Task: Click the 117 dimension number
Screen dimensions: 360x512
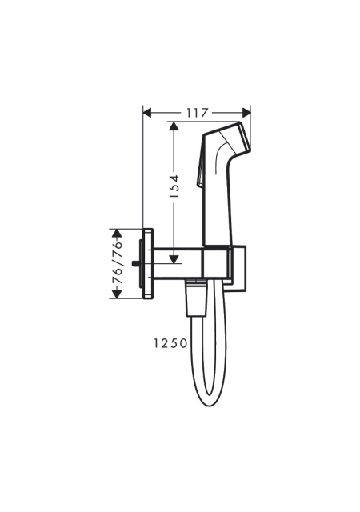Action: (198, 113)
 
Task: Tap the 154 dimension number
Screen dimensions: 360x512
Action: (174, 186)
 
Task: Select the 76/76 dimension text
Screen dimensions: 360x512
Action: (117, 263)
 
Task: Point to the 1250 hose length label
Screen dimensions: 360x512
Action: (170, 343)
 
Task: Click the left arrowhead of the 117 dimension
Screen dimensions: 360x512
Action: (148, 113)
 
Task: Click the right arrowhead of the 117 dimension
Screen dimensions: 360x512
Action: (246, 113)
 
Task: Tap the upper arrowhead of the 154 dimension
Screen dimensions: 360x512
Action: (174, 126)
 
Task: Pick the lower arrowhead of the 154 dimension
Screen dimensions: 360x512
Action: (174, 259)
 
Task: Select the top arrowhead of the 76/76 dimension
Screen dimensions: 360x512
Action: (117, 233)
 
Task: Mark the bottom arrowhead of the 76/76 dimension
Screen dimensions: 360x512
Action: (117, 294)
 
